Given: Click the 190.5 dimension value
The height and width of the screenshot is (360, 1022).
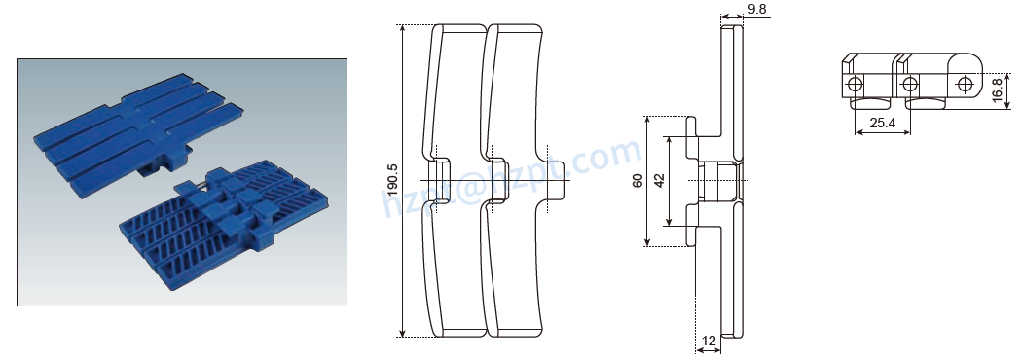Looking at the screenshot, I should (392, 181).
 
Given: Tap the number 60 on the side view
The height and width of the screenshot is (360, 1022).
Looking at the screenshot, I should (638, 180).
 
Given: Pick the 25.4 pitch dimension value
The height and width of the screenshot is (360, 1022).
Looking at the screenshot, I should (882, 124).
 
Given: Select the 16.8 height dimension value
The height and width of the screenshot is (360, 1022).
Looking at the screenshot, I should (998, 90).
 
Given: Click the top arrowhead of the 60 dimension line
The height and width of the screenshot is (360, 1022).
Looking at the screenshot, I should (647, 118).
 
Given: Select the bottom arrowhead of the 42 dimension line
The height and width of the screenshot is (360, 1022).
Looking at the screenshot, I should (670, 223).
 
